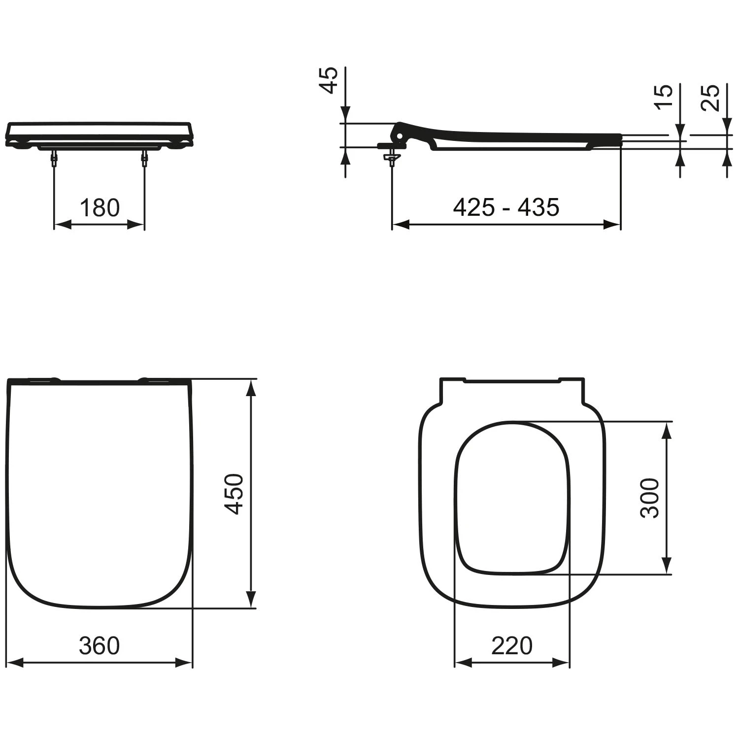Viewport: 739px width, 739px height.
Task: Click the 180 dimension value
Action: (x=100, y=208)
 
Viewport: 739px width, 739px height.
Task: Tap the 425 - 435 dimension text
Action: (x=506, y=207)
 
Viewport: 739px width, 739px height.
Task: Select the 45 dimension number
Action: (x=330, y=80)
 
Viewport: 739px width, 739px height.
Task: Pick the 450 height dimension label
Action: (x=234, y=494)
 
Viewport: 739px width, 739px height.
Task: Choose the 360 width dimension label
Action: (x=99, y=645)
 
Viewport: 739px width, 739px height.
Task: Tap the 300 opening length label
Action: (x=649, y=498)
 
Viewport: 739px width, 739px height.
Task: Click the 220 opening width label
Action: (x=512, y=645)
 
